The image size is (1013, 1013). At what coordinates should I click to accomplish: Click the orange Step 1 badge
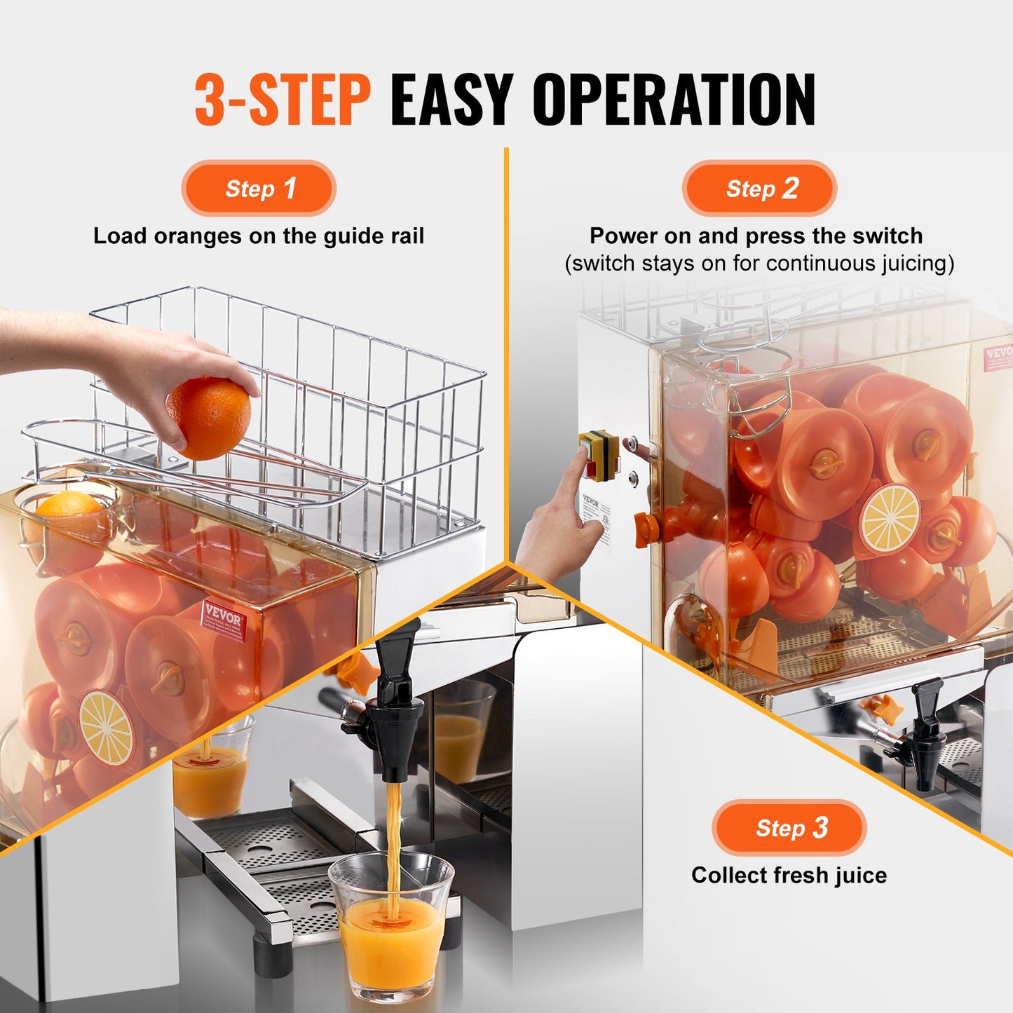coord(259,189)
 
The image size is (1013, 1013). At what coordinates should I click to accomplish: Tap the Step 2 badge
coord(759,189)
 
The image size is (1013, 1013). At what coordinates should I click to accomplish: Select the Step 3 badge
coord(789,828)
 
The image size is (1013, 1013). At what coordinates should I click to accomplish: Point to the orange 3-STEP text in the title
coord(282,100)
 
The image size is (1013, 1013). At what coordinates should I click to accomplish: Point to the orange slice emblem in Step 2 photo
coord(890,518)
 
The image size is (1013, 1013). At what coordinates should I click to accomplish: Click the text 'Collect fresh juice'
coord(789,875)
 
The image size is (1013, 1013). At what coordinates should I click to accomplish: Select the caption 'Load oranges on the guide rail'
coord(259,236)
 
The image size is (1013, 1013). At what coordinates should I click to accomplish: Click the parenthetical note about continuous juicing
coord(759,264)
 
